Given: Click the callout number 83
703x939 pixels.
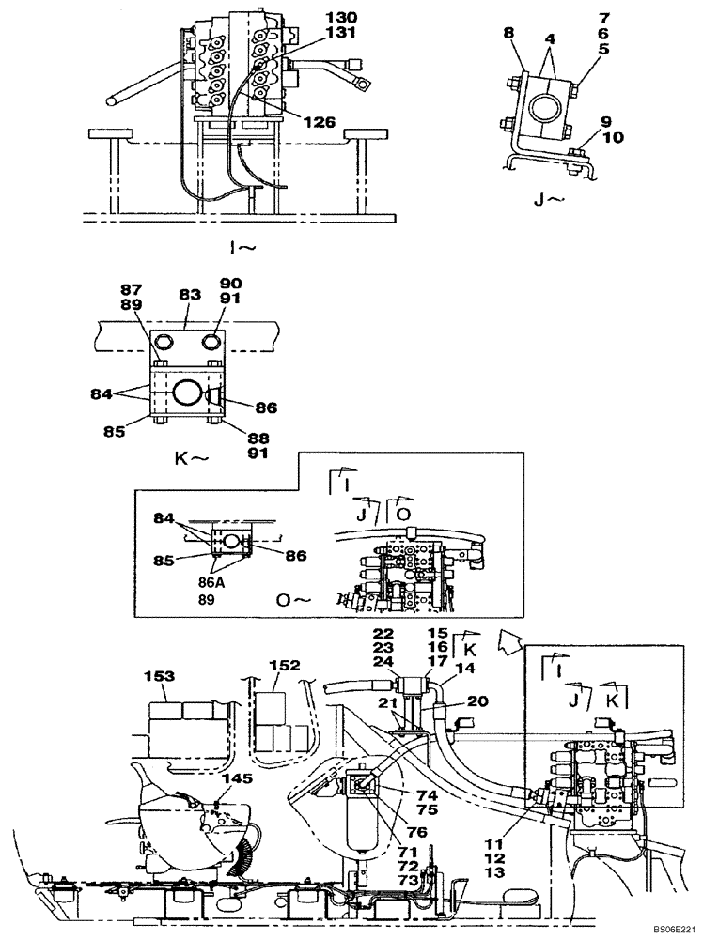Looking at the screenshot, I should pos(191,295).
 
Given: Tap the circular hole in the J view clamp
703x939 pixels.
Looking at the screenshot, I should pos(544,107).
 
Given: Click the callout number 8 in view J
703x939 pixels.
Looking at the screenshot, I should pos(508,34).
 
